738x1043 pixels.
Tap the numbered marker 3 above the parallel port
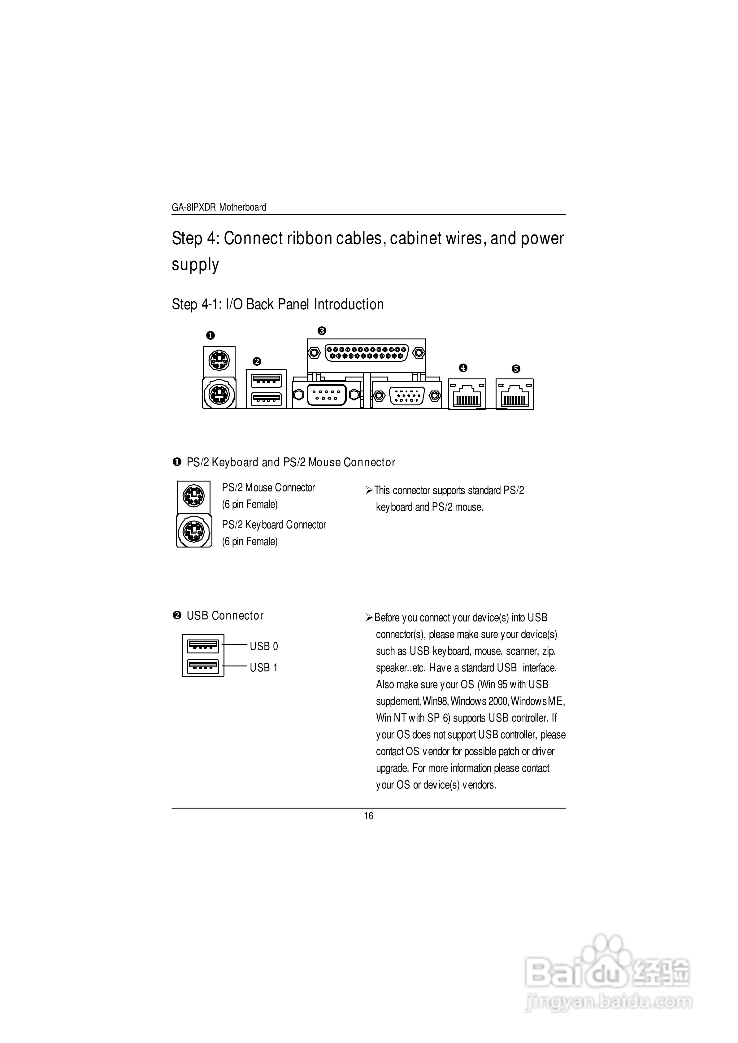point(322,331)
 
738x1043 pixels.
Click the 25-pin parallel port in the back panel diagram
point(367,353)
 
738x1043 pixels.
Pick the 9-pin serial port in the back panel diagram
point(326,395)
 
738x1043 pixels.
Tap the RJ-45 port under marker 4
point(467,395)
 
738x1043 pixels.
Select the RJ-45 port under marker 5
point(514,395)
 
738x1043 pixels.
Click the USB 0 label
point(263,646)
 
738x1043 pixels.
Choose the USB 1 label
point(263,668)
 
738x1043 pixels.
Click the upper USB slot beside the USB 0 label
point(203,645)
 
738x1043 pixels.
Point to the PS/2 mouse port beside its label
point(193,496)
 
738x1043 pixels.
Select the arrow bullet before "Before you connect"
point(369,617)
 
